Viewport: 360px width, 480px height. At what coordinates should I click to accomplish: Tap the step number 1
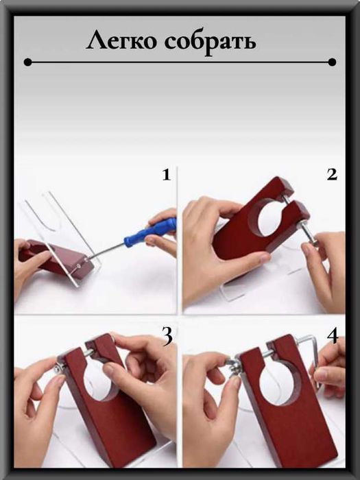[166, 175]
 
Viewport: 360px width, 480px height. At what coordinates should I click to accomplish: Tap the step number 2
[332, 175]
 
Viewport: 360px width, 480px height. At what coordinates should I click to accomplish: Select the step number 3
[167, 337]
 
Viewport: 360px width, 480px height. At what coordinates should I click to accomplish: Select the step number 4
[333, 335]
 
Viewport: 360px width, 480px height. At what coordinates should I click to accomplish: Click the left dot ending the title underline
[27, 62]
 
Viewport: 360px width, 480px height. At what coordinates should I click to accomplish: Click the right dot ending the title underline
[332, 62]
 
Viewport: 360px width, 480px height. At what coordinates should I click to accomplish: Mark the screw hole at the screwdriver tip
[80, 266]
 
